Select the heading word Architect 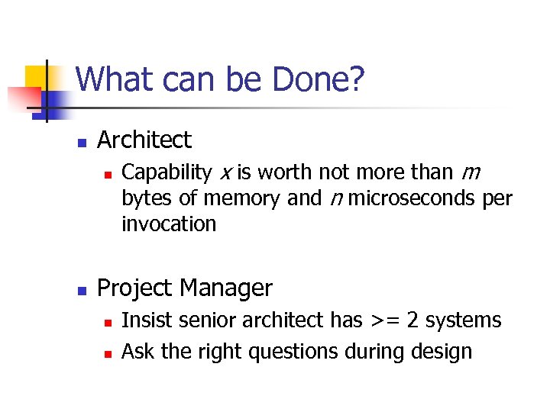pos(144,140)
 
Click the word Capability pos(167,173)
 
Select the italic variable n pos(335,199)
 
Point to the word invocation pos(169,224)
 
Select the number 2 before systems pos(412,320)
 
